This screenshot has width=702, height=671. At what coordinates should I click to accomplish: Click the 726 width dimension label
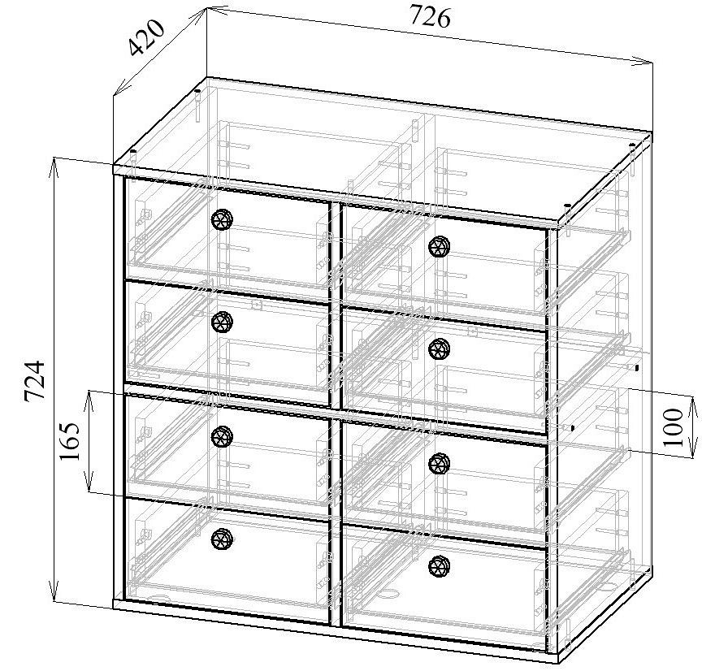coord(431,18)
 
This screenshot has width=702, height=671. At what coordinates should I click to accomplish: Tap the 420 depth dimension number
coord(147,38)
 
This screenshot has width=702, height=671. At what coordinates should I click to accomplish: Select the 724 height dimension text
coord(34,380)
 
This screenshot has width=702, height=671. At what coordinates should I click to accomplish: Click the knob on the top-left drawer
coord(222,219)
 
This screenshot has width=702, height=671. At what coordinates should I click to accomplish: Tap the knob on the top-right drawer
coord(440,246)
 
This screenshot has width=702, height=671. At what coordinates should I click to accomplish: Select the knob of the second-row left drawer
coord(222,323)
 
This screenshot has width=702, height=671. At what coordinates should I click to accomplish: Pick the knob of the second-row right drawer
coord(440,348)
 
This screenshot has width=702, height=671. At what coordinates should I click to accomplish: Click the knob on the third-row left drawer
coord(222,436)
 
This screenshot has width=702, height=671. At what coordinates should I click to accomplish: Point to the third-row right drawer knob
coord(440,463)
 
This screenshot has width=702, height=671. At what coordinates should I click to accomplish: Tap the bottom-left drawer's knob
coord(222,539)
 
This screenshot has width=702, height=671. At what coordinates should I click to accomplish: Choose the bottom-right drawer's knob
coord(440,566)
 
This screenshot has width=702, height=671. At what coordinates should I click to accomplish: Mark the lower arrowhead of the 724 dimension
coord(54,591)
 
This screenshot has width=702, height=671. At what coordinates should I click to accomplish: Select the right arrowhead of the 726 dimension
coord(643,62)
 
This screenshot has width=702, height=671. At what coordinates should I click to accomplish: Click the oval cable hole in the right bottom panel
coord(390,595)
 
